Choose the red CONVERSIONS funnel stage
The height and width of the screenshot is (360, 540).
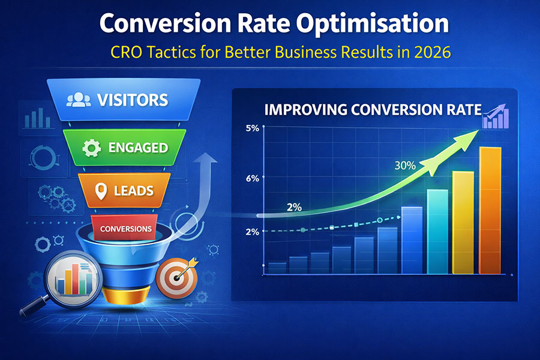(125, 229)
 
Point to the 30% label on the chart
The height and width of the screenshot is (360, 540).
(405, 166)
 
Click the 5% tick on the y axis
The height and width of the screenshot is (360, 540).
(252, 128)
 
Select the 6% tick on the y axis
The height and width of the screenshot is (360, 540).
(252, 178)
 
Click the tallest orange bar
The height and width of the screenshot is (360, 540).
(490, 210)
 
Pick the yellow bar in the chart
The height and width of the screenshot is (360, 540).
(463, 223)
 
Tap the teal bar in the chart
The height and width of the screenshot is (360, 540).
(437, 232)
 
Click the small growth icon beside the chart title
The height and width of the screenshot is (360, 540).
(494, 115)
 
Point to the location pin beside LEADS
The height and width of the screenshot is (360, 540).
(101, 191)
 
